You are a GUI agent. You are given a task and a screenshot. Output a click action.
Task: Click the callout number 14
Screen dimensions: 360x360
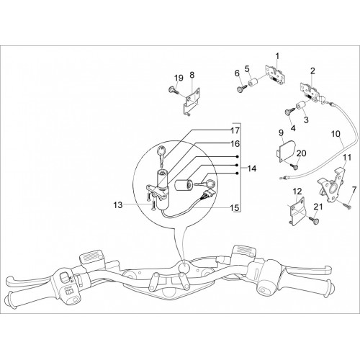(252, 168)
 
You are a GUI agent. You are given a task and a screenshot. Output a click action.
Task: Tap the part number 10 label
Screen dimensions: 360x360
(336, 134)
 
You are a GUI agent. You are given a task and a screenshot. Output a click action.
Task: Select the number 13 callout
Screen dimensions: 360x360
(118, 205)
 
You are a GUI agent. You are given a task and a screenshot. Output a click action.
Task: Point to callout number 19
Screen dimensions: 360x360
(179, 78)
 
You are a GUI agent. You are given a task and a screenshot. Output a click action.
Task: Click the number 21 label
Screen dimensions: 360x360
(318, 207)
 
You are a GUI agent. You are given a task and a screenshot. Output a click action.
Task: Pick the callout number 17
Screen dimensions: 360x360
(235, 130)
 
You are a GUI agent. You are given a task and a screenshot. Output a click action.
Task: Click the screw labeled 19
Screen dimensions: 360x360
(174, 91)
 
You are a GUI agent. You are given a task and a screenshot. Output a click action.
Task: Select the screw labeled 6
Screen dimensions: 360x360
(242, 88)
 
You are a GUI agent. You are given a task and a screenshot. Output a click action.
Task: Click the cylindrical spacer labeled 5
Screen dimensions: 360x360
(254, 82)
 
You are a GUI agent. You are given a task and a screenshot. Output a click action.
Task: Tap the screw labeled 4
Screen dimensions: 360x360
(290, 112)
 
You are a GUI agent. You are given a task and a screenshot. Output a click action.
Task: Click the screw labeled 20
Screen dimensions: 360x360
(294, 166)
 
